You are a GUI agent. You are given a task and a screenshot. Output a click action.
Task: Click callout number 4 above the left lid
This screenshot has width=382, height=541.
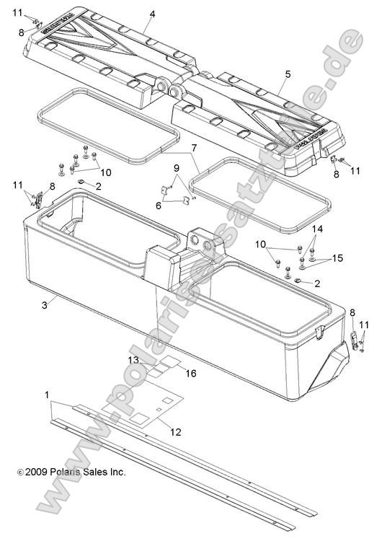click(152, 14)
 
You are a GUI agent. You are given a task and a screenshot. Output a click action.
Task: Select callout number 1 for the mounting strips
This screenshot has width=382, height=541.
click(48, 396)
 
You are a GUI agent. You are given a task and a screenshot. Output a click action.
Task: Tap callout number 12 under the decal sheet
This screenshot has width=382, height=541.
click(176, 431)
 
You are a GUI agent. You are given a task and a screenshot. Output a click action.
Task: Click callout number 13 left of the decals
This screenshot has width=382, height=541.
click(133, 359)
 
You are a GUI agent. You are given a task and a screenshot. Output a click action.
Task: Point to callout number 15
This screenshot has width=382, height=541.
click(338, 258)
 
